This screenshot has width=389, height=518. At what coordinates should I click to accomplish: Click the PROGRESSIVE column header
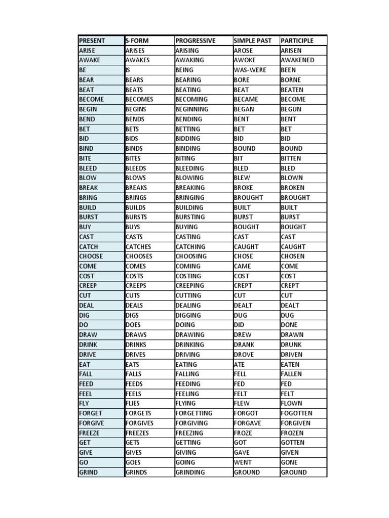(195, 40)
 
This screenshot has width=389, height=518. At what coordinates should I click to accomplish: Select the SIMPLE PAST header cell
(253, 40)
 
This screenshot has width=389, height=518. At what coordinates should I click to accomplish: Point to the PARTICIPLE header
(297, 40)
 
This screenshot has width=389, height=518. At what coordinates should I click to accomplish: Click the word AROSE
(244, 51)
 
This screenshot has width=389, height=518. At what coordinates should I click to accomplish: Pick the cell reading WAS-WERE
(250, 70)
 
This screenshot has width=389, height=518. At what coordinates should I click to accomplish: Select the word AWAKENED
(297, 60)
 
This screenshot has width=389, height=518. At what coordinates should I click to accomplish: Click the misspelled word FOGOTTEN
(296, 413)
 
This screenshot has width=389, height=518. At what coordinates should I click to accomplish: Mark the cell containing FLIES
(134, 404)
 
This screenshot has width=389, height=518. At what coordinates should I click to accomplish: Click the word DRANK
(244, 344)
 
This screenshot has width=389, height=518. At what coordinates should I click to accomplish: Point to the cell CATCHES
(138, 247)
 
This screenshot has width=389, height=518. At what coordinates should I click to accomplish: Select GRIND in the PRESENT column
(88, 472)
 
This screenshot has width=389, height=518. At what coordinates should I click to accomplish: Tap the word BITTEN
(291, 158)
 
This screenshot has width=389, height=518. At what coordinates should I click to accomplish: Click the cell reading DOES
(133, 325)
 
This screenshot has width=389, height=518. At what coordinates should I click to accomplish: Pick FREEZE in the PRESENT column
(89, 433)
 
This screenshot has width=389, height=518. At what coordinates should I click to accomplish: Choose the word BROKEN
(293, 188)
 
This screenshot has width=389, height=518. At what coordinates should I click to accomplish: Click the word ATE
(239, 364)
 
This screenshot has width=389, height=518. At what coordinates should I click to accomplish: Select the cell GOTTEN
(293, 443)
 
